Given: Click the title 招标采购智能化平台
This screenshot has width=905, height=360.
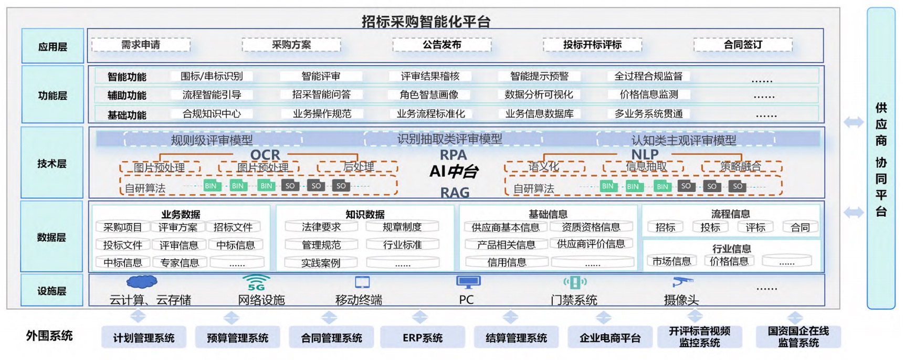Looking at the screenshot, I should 426,21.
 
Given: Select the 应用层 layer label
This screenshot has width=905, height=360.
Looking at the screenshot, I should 52,47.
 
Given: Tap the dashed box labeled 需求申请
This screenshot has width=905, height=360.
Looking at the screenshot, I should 141,45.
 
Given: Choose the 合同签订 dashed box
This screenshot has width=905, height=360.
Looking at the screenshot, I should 742,45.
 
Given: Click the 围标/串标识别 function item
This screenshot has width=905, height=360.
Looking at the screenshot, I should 212,76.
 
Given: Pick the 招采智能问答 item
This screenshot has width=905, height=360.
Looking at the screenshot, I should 321,94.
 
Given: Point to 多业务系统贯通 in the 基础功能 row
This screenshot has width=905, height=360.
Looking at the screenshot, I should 648,113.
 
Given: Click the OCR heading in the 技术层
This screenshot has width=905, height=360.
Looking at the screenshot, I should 265,154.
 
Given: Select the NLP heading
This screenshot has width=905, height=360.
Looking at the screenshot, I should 645,154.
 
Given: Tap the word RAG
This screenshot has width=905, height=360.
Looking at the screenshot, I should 455,193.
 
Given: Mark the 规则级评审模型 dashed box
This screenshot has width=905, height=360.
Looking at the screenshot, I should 212,140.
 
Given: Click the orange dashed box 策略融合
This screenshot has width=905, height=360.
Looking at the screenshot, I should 741,167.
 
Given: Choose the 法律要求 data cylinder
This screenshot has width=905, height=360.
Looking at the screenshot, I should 321,227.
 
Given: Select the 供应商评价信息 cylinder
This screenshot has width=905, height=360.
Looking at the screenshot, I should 591,244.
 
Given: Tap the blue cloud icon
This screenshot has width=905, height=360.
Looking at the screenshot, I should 142,282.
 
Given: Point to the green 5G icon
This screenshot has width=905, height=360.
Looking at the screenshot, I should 257,283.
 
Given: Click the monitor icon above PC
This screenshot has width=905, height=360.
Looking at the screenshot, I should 468,282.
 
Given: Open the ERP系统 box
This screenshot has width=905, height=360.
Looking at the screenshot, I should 422,337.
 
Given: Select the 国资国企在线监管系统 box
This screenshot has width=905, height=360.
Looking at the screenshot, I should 798,337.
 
